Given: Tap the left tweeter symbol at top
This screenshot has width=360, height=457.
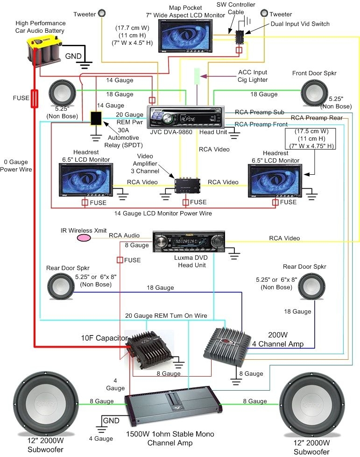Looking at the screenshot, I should pyautogui.click(x=104, y=14).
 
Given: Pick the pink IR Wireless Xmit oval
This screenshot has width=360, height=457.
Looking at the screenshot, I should pyautogui.click(x=84, y=238).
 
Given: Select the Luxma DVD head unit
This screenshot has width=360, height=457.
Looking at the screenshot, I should pyautogui.click(x=189, y=242).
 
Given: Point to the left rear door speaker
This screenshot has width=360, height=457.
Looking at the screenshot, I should pyautogui.click(x=61, y=286).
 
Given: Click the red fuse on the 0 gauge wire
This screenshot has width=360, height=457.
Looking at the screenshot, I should pyautogui.click(x=35, y=98).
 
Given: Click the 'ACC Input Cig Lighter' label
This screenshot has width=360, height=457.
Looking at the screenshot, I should pyautogui.click(x=252, y=76).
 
